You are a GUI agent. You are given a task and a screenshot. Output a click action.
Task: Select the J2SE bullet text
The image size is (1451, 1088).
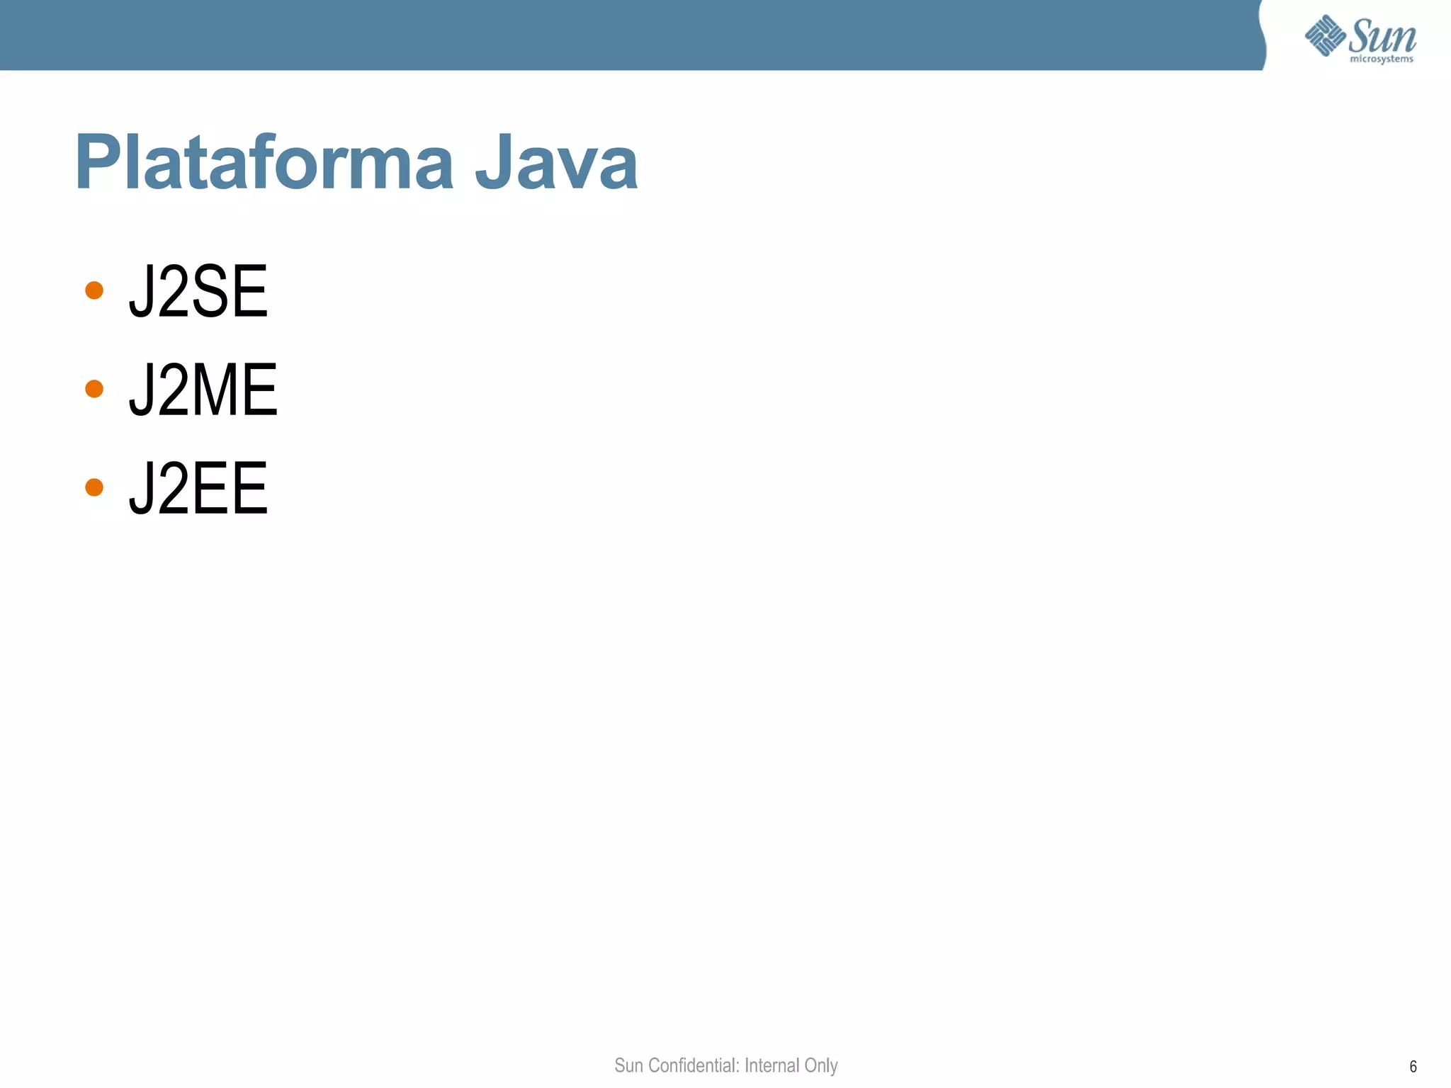198,291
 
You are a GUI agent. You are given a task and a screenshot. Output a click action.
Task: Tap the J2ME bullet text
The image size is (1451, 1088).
203,390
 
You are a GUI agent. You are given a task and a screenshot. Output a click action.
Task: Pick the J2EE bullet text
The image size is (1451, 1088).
198,488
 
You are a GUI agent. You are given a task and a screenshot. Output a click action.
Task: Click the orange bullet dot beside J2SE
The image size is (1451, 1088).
94,290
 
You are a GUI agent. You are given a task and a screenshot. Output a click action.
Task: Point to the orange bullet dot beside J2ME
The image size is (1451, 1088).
94,389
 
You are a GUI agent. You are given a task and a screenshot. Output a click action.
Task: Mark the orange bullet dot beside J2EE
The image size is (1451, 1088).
94,487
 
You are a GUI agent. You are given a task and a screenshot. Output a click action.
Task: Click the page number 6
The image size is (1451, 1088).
1413,1067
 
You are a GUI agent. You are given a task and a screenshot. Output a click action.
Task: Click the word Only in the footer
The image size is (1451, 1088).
821,1065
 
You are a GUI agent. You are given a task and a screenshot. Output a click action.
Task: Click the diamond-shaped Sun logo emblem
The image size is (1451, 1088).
1325,35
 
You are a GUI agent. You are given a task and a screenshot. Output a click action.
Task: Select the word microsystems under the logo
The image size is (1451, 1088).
1382,59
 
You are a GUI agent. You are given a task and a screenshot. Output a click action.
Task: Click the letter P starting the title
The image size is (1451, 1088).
96,163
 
